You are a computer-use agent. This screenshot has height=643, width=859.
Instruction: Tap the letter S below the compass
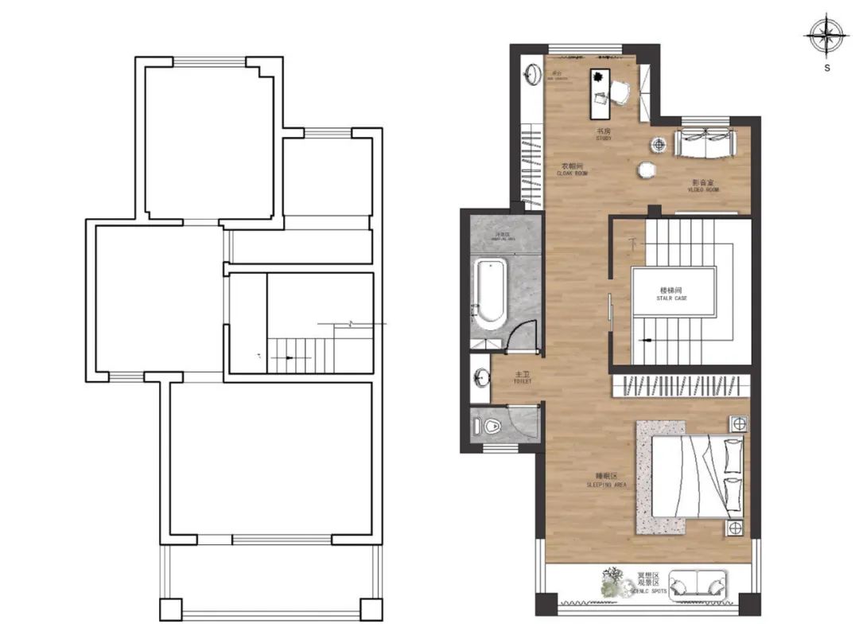coord(827,68)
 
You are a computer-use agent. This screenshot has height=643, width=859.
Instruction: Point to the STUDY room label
coord(604,134)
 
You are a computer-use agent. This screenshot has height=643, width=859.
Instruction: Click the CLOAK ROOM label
coord(572,169)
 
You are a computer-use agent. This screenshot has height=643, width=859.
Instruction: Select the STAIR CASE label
coord(672,294)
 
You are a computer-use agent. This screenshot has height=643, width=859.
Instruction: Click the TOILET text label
coord(522,377)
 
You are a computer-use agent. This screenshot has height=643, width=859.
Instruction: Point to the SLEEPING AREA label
coord(607,480)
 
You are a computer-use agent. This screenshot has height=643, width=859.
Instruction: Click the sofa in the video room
coord(705,142)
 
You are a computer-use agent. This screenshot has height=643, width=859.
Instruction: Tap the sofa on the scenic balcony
coord(698,585)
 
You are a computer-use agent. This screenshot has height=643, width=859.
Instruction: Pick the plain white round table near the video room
coord(646,170)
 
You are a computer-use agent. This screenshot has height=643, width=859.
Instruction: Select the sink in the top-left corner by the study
coord(532,75)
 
